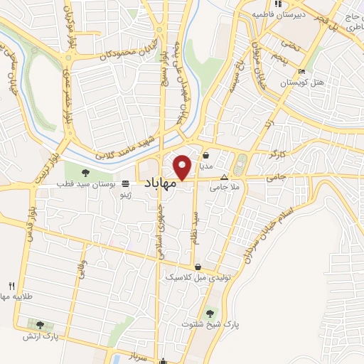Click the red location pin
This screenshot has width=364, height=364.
[183, 166]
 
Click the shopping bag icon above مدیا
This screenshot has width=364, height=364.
[205, 156]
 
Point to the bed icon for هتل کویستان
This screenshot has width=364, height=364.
[302, 72]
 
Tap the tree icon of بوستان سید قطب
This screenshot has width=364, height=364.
[86, 171]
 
